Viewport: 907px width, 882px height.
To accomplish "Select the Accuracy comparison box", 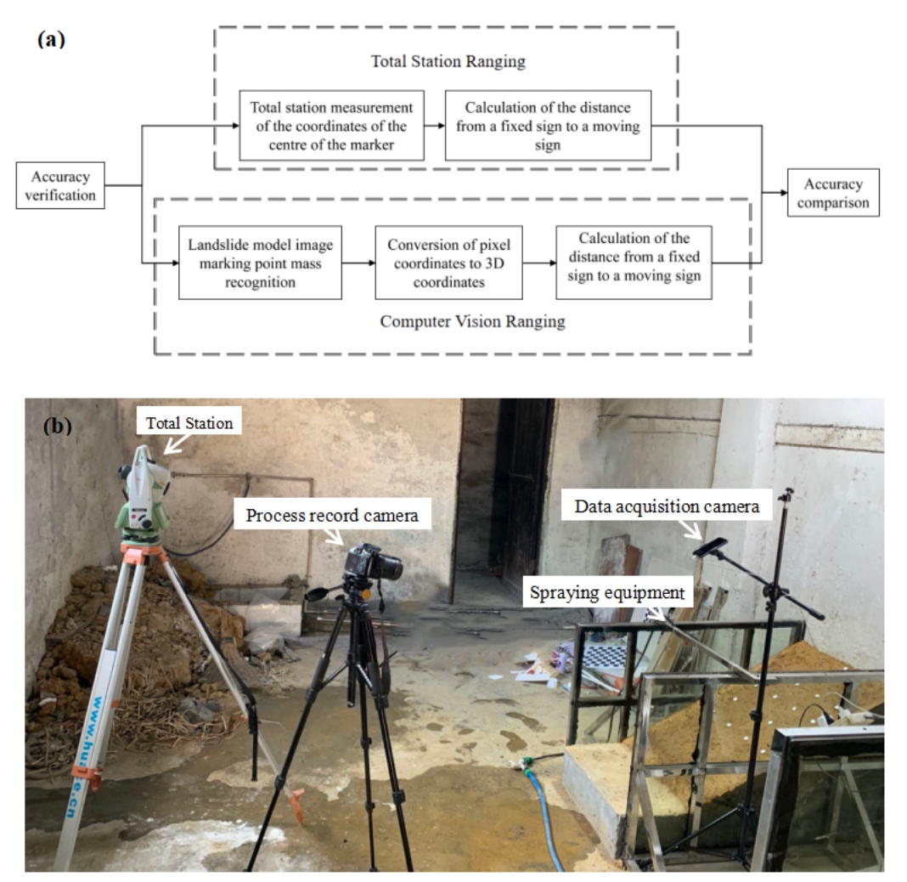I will coord(833,193).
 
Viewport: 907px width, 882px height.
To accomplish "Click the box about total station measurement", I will coord(331,126).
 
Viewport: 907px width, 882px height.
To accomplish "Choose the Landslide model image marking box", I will coord(260,263).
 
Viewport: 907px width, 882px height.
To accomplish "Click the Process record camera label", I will coord(332,515).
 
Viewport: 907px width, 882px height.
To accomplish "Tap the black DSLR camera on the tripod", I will coord(373,564).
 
